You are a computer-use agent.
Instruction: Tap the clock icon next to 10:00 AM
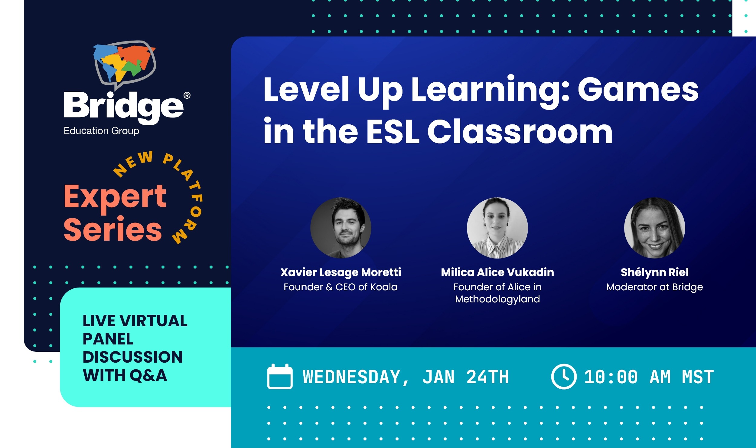[x=564, y=377]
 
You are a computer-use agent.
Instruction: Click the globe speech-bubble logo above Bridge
[x=125, y=64]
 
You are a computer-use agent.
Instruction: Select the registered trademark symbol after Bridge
[x=187, y=96]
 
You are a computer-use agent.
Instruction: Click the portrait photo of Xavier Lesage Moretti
[x=341, y=228]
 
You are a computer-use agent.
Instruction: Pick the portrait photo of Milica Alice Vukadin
[x=497, y=228]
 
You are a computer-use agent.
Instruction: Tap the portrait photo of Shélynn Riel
[x=654, y=228]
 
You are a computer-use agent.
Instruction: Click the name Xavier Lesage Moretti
[x=341, y=272]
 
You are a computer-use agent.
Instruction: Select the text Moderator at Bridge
[x=654, y=287]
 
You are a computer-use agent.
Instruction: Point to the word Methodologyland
[x=497, y=299]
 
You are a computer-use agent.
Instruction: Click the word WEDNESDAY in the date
[x=352, y=377]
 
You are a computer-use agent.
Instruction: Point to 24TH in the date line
[x=487, y=377]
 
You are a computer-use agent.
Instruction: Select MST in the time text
[x=698, y=377]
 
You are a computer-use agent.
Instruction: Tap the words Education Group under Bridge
[x=101, y=131]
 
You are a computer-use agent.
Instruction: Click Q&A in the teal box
[x=148, y=375]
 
